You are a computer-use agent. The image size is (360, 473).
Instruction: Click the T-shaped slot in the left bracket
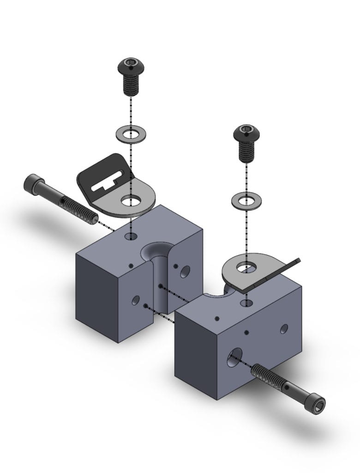point(109,182)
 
